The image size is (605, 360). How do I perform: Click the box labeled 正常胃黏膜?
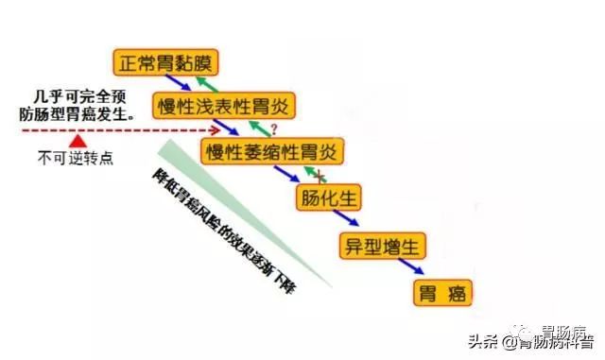point(166,63)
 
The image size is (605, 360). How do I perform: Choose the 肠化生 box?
point(327,199)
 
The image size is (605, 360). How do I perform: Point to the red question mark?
point(274,128)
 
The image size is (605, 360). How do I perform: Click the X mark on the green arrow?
point(320,176)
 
